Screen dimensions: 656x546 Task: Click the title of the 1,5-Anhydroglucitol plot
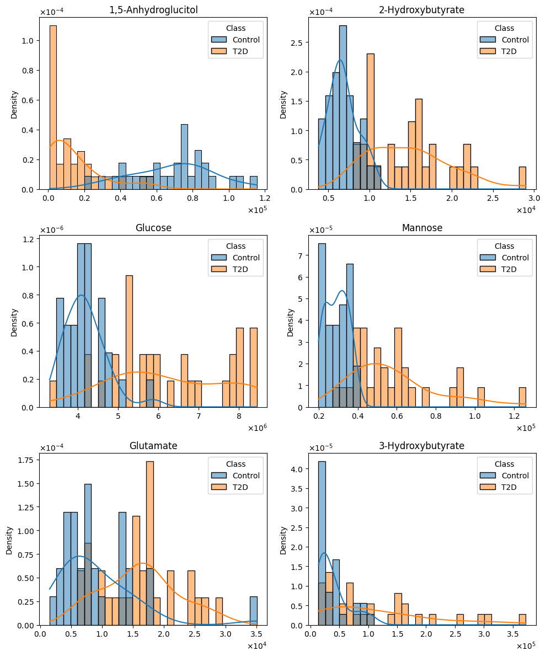(x=153, y=10)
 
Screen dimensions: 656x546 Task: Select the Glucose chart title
(x=153, y=228)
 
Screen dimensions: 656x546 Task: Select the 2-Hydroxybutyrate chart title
(x=422, y=10)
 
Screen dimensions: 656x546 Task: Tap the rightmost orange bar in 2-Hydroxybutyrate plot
(x=522, y=178)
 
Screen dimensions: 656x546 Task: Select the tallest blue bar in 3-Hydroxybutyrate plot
(x=322, y=543)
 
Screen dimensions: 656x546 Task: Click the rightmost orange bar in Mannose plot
(x=522, y=397)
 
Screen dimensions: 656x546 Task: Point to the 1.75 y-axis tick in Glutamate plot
(x=26, y=460)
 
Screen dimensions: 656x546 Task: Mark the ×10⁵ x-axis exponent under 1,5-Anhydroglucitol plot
(x=257, y=210)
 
